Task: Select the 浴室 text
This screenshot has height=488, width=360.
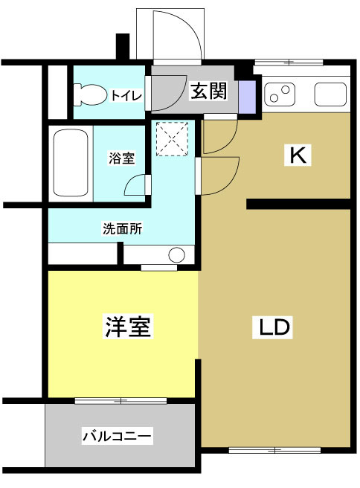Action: tap(121, 158)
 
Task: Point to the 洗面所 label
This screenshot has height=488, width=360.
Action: tap(122, 229)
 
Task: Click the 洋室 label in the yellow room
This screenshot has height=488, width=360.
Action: tap(128, 327)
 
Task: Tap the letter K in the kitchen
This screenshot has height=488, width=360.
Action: tap(298, 156)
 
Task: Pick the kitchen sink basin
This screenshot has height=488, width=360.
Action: tap(330, 94)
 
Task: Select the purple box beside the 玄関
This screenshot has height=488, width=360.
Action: tap(246, 93)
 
